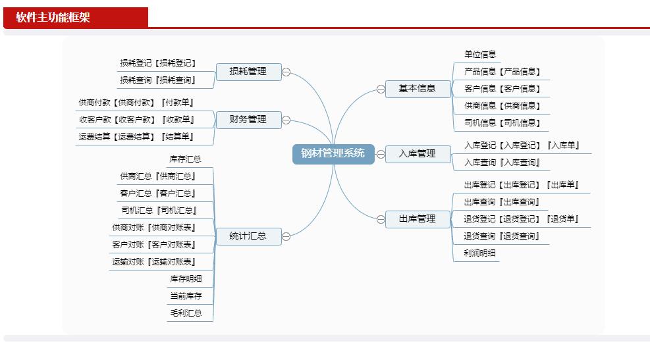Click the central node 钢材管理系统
click(x=333, y=154)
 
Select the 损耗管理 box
click(x=249, y=72)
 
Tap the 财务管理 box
click(x=249, y=120)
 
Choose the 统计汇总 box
click(x=249, y=236)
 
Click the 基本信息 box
click(x=418, y=89)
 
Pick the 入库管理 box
click(x=418, y=154)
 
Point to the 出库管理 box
click(x=418, y=219)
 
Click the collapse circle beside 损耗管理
click(x=286, y=72)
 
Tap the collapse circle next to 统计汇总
click(x=286, y=236)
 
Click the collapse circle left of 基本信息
click(x=381, y=89)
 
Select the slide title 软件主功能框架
click(x=53, y=17)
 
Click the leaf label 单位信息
click(x=480, y=54)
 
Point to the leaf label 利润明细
click(x=479, y=253)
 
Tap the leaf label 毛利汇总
click(x=186, y=313)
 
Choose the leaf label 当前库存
click(x=186, y=296)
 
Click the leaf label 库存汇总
click(x=185, y=159)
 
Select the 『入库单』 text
click(x=563, y=145)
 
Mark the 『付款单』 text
click(x=177, y=102)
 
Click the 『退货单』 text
click(x=562, y=219)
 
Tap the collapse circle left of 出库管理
click(x=381, y=220)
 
